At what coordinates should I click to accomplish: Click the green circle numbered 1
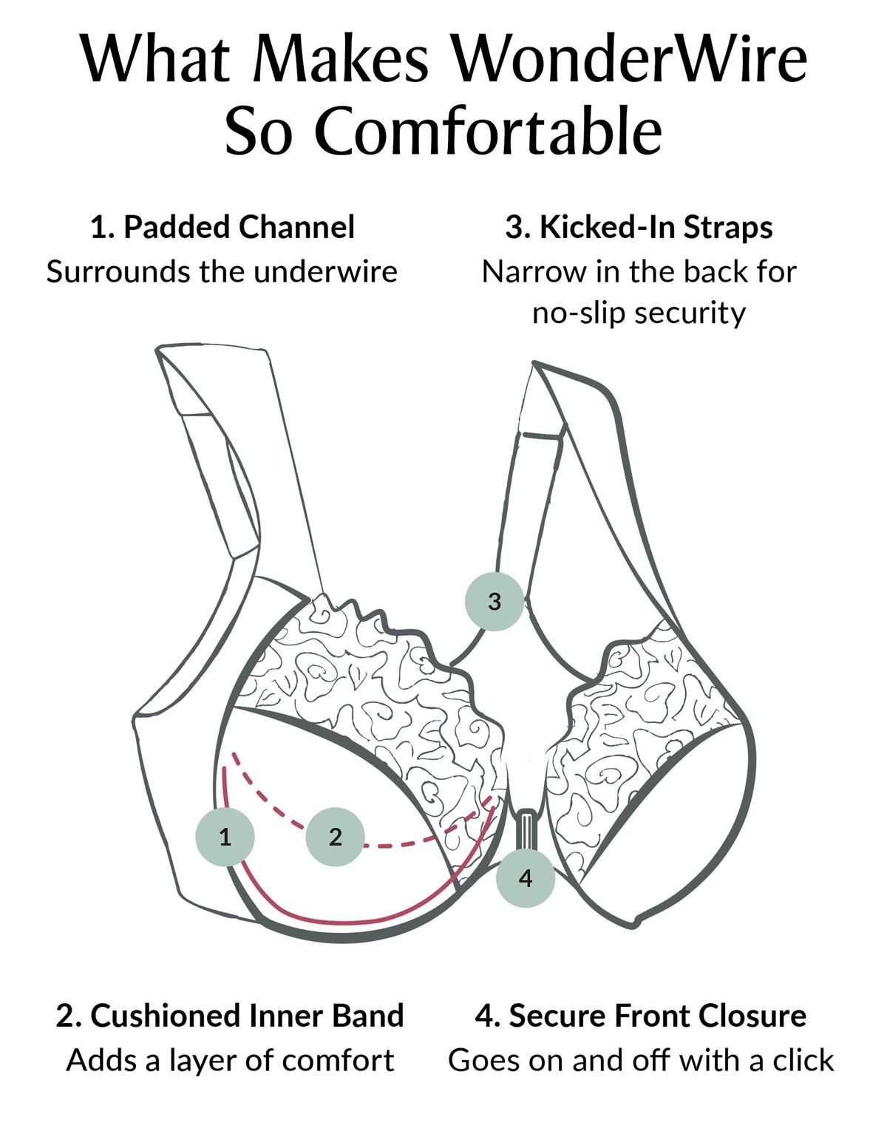[225, 837]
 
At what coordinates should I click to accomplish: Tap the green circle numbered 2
[335, 837]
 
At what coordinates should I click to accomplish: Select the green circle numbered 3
[495, 601]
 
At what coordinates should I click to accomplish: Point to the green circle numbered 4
[526, 878]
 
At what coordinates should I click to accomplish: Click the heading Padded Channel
[239, 228]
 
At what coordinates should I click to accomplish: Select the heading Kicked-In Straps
[656, 228]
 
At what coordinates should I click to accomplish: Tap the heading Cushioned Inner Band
[247, 1016]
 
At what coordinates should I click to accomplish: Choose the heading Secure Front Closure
[657, 1016]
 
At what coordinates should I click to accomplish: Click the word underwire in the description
[325, 272]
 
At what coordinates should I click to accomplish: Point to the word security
[690, 314]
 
